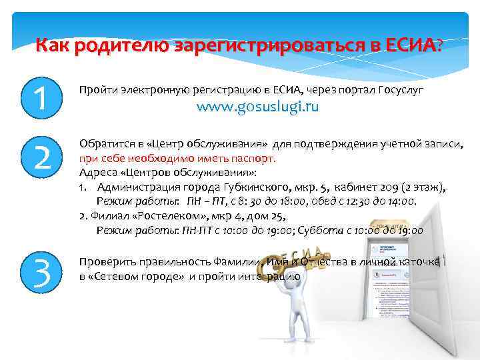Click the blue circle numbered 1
(42, 97)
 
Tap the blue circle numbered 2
(42, 157)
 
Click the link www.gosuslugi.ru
(257, 107)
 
